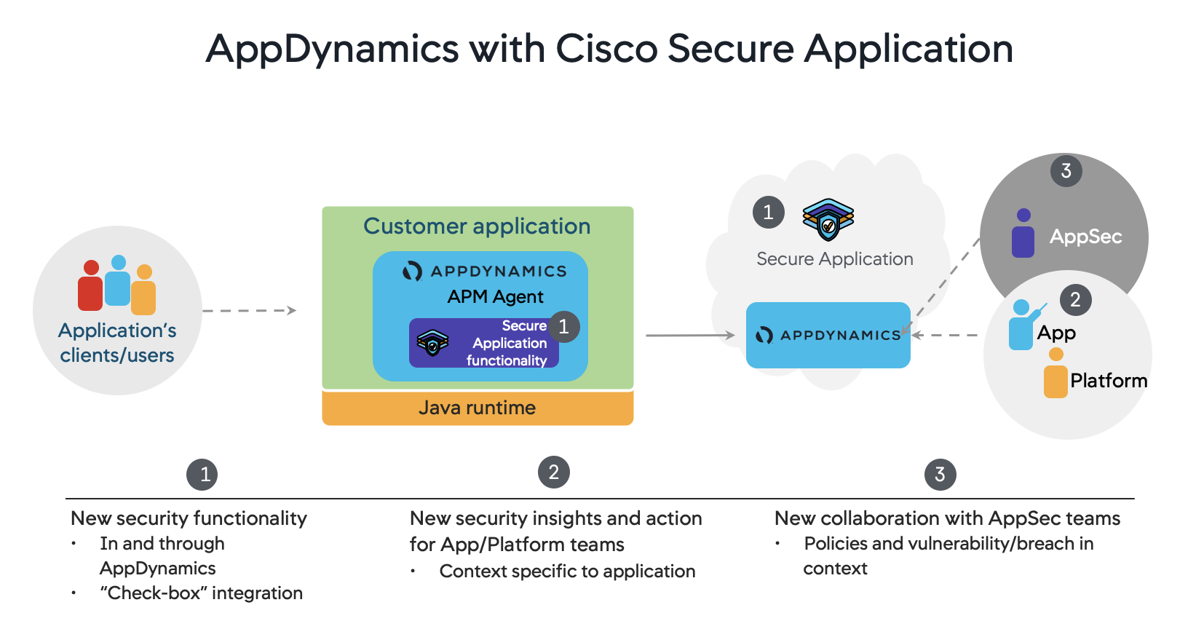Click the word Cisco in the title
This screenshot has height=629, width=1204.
coord(606,50)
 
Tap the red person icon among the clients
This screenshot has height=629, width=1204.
coord(90,287)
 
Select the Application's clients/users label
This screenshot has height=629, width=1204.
coord(117,343)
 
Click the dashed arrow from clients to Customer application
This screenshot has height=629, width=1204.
coord(249,311)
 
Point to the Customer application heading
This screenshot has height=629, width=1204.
coord(477,226)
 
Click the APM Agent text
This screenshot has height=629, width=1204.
coord(495,297)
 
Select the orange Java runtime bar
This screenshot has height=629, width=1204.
coord(478,408)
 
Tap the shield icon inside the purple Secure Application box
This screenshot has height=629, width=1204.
coord(432,342)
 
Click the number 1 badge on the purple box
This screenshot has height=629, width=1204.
coord(563,327)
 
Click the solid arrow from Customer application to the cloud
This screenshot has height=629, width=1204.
coord(689,336)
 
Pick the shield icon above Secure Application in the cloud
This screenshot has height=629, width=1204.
coord(828,219)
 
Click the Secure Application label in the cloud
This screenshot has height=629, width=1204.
coord(834,259)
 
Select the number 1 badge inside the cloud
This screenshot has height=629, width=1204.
coord(768,213)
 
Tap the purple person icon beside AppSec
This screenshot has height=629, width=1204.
coord(1023,234)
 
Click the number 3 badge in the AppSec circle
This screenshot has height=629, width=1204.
coord(1066,171)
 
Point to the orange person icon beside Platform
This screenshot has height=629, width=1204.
coord(1056,373)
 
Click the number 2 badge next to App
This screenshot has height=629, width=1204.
coord(1075,300)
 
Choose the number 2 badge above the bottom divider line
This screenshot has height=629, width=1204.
coord(553,472)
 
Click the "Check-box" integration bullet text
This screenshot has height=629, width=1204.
coord(201,593)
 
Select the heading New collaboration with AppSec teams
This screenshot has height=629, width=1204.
coord(947,518)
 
